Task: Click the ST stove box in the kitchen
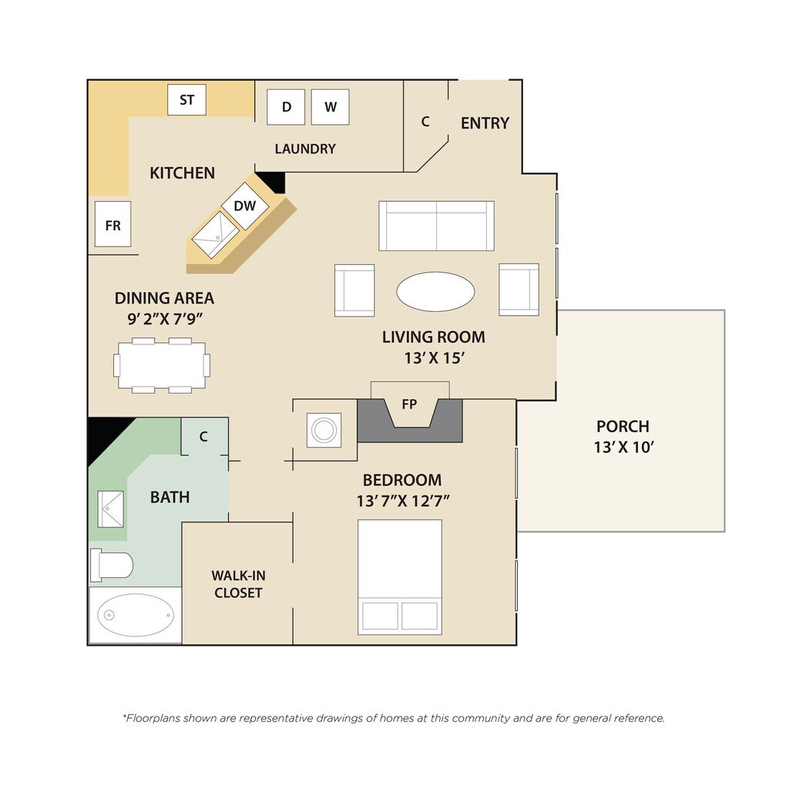click(186, 100)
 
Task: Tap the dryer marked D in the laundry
click(287, 107)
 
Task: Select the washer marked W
click(331, 107)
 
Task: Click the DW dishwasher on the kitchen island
click(245, 206)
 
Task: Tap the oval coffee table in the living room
click(435, 291)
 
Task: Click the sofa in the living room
click(436, 226)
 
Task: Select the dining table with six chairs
click(162, 364)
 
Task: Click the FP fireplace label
click(409, 403)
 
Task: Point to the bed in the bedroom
click(400, 577)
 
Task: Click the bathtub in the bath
click(136, 615)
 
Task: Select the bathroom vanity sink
click(109, 509)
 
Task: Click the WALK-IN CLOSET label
click(238, 584)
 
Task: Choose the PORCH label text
click(623, 426)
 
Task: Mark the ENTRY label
click(485, 123)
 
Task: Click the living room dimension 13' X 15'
click(434, 358)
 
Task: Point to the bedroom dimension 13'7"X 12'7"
click(403, 501)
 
